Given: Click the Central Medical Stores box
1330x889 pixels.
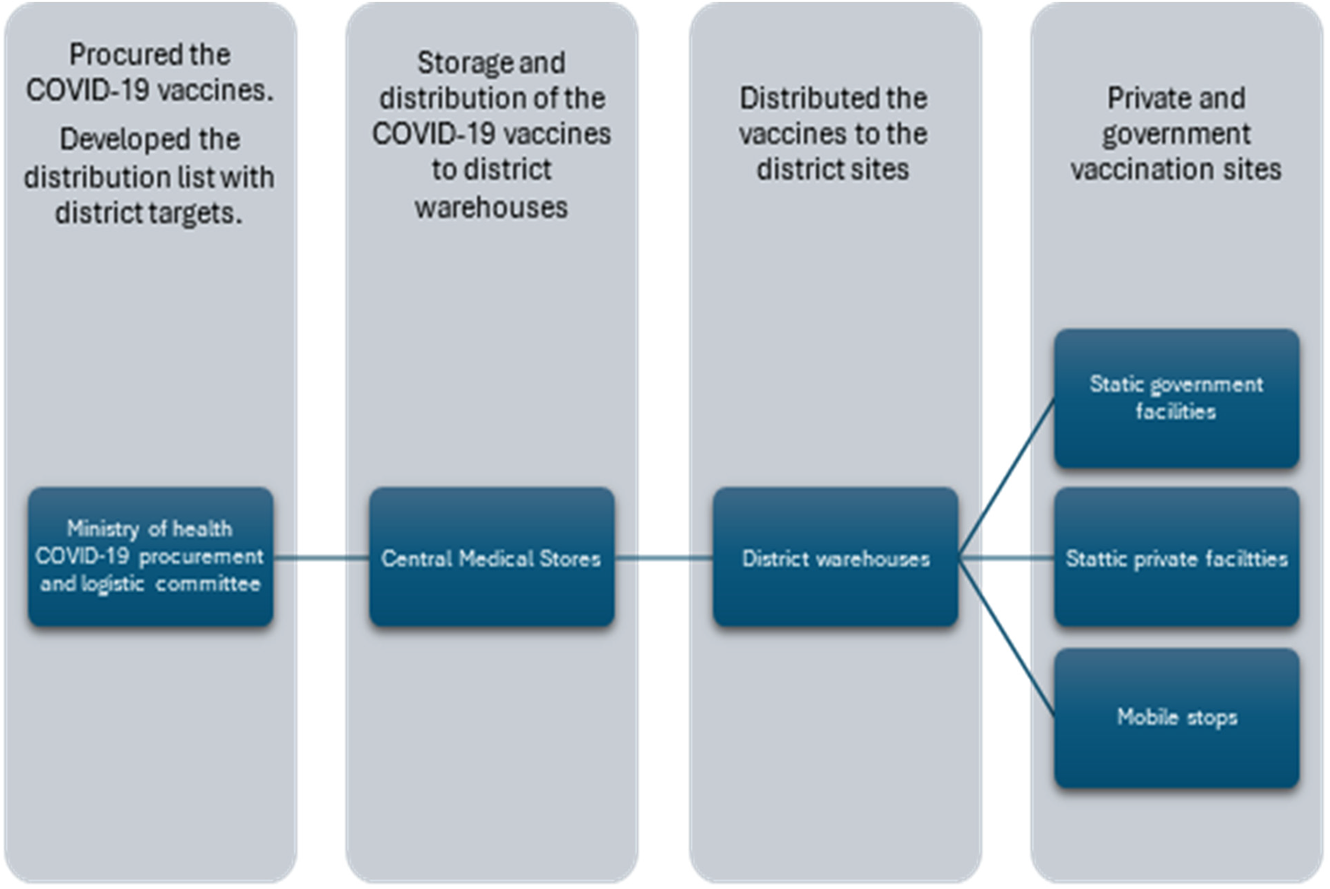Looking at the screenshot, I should [492, 558].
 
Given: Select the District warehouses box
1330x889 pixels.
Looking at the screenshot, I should [835, 558].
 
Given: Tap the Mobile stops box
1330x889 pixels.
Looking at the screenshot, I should [1176, 717].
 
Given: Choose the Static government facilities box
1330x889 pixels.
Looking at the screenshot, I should [1176, 398].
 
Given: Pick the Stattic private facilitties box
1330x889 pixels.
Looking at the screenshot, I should [1176, 558].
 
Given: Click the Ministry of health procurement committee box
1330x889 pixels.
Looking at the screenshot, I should [150, 557].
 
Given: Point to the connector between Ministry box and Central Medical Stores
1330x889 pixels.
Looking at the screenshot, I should [321, 558].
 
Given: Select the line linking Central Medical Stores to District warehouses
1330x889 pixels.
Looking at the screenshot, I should [663, 558].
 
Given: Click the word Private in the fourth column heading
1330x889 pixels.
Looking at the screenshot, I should [1141, 99].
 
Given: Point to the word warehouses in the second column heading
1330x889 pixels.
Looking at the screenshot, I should [491, 207].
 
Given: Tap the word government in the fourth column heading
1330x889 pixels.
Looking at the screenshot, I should [1176, 134].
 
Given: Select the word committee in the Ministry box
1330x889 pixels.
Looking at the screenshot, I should [208, 584].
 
